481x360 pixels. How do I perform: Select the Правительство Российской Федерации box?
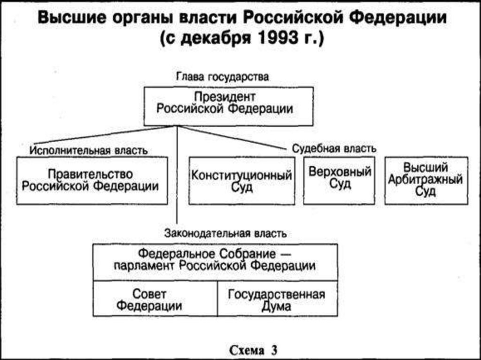click(x=92, y=181)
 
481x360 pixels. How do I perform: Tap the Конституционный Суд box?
click(x=242, y=181)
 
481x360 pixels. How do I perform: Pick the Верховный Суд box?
click(x=339, y=181)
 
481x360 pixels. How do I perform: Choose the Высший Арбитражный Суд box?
click(x=426, y=181)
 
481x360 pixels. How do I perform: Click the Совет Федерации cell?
click(x=155, y=299)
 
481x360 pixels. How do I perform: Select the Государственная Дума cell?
click(x=277, y=299)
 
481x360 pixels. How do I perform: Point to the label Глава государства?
click(x=222, y=77)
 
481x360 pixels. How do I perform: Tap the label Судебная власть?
click(x=334, y=148)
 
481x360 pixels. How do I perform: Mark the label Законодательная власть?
click(x=225, y=233)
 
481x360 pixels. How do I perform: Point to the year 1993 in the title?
click(x=274, y=38)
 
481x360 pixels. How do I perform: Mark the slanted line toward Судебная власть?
click(x=235, y=138)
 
